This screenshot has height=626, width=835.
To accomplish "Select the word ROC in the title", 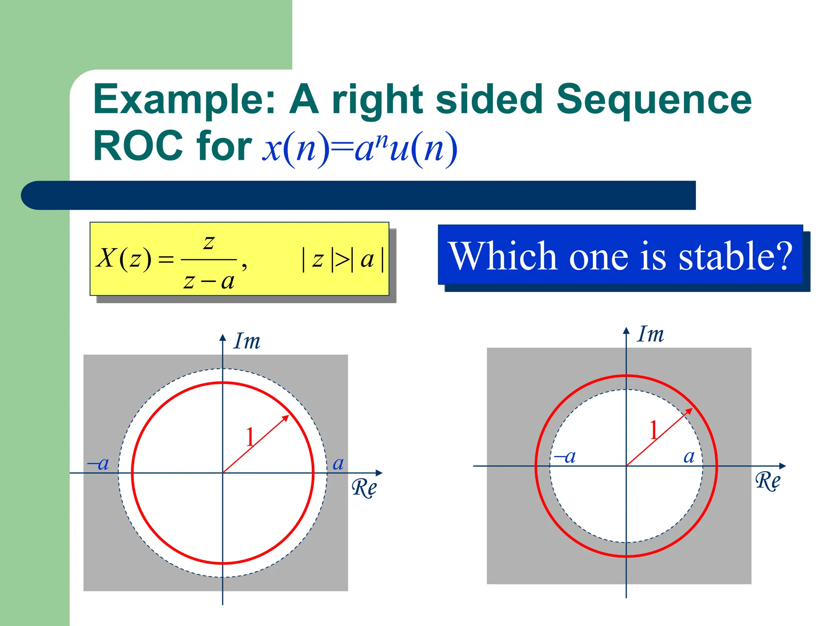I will [138, 146].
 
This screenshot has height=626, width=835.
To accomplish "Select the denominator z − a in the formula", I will [209, 281].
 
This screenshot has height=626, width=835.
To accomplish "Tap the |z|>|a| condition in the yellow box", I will [342, 260].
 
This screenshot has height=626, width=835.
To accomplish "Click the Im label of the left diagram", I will [247, 342].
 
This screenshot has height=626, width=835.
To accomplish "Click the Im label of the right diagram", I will [650, 335].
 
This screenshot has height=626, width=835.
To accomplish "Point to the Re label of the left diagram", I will [364, 487].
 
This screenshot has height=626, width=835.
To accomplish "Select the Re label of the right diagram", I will [768, 481].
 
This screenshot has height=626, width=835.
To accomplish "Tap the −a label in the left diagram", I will [98, 463].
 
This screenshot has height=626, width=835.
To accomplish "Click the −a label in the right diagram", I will [566, 457].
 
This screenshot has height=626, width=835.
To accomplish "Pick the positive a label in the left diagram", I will [338, 463].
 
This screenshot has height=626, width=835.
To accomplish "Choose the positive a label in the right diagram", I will [689, 457].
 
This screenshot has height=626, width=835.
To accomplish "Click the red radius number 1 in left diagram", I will [250, 437].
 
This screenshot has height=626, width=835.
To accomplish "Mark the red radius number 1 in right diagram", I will [654, 430].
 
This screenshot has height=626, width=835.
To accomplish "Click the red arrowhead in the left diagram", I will [286, 418].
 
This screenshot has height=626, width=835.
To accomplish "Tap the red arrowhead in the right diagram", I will [689, 411].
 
